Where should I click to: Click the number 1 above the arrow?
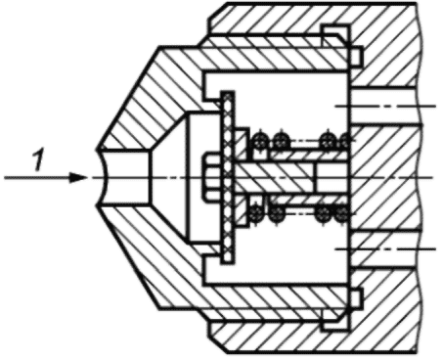(39, 159)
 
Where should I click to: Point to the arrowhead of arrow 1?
(78, 178)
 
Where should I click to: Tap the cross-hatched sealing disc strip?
(228, 178)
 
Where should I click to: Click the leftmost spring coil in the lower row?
(256, 213)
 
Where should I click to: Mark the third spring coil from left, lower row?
(324, 213)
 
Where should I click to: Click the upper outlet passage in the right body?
(384, 106)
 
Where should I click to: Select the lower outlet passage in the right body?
(384, 249)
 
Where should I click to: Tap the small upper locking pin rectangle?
(356, 57)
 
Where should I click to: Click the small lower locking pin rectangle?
(356, 298)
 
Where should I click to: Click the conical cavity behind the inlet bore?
(168, 178)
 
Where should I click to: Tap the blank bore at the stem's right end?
(332, 178)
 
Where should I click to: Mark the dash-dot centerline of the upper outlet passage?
(385, 106)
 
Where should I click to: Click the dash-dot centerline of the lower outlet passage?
(385, 249)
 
